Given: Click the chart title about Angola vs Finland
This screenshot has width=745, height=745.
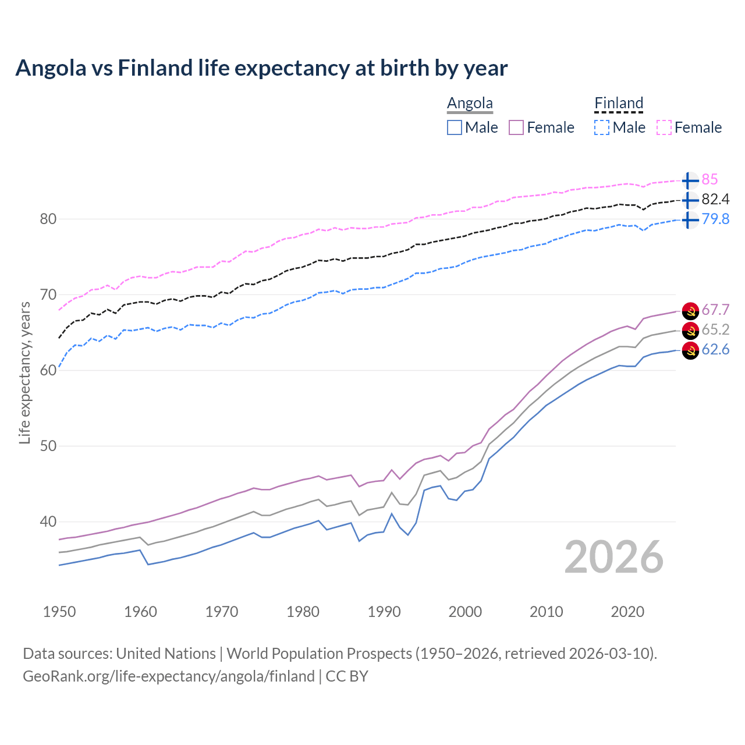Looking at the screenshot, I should (x=261, y=68).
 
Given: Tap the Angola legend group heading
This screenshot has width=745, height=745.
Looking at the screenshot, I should (x=470, y=104).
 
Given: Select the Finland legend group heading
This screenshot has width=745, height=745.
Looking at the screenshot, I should (x=619, y=104).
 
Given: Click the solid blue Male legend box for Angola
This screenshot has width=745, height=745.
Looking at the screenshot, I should (x=455, y=127).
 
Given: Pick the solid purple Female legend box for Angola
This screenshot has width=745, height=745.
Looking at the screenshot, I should (x=517, y=127).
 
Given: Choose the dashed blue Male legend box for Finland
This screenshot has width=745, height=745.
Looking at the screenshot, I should (x=602, y=127).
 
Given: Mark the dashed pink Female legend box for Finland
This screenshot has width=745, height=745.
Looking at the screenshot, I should (x=664, y=127).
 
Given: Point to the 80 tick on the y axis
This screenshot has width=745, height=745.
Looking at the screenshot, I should (x=48, y=219).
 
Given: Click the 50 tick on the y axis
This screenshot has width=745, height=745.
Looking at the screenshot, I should (x=48, y=446).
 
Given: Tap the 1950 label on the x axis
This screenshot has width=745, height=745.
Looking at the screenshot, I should (x=59, y=612).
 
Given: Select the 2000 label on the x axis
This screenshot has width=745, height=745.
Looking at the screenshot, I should (x=465, y=612).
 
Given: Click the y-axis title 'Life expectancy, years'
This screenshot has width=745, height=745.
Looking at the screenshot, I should (x=25, y=372).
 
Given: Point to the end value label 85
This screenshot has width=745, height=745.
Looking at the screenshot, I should (x=709, y=180).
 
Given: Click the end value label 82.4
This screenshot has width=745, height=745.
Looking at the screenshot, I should (x=715, y=200).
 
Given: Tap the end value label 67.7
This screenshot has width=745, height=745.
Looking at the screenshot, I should (x=715, y=310).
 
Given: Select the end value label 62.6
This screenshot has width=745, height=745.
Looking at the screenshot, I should (x=715, y=350).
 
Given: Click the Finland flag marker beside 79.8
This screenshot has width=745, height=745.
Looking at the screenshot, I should (x=690, y=219).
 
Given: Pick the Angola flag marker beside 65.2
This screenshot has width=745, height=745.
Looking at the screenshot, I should (x=690, y=330).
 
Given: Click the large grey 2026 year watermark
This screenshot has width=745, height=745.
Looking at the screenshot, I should (x=614, y=557).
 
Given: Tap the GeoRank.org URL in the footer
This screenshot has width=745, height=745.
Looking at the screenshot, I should (x=169, y=676).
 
